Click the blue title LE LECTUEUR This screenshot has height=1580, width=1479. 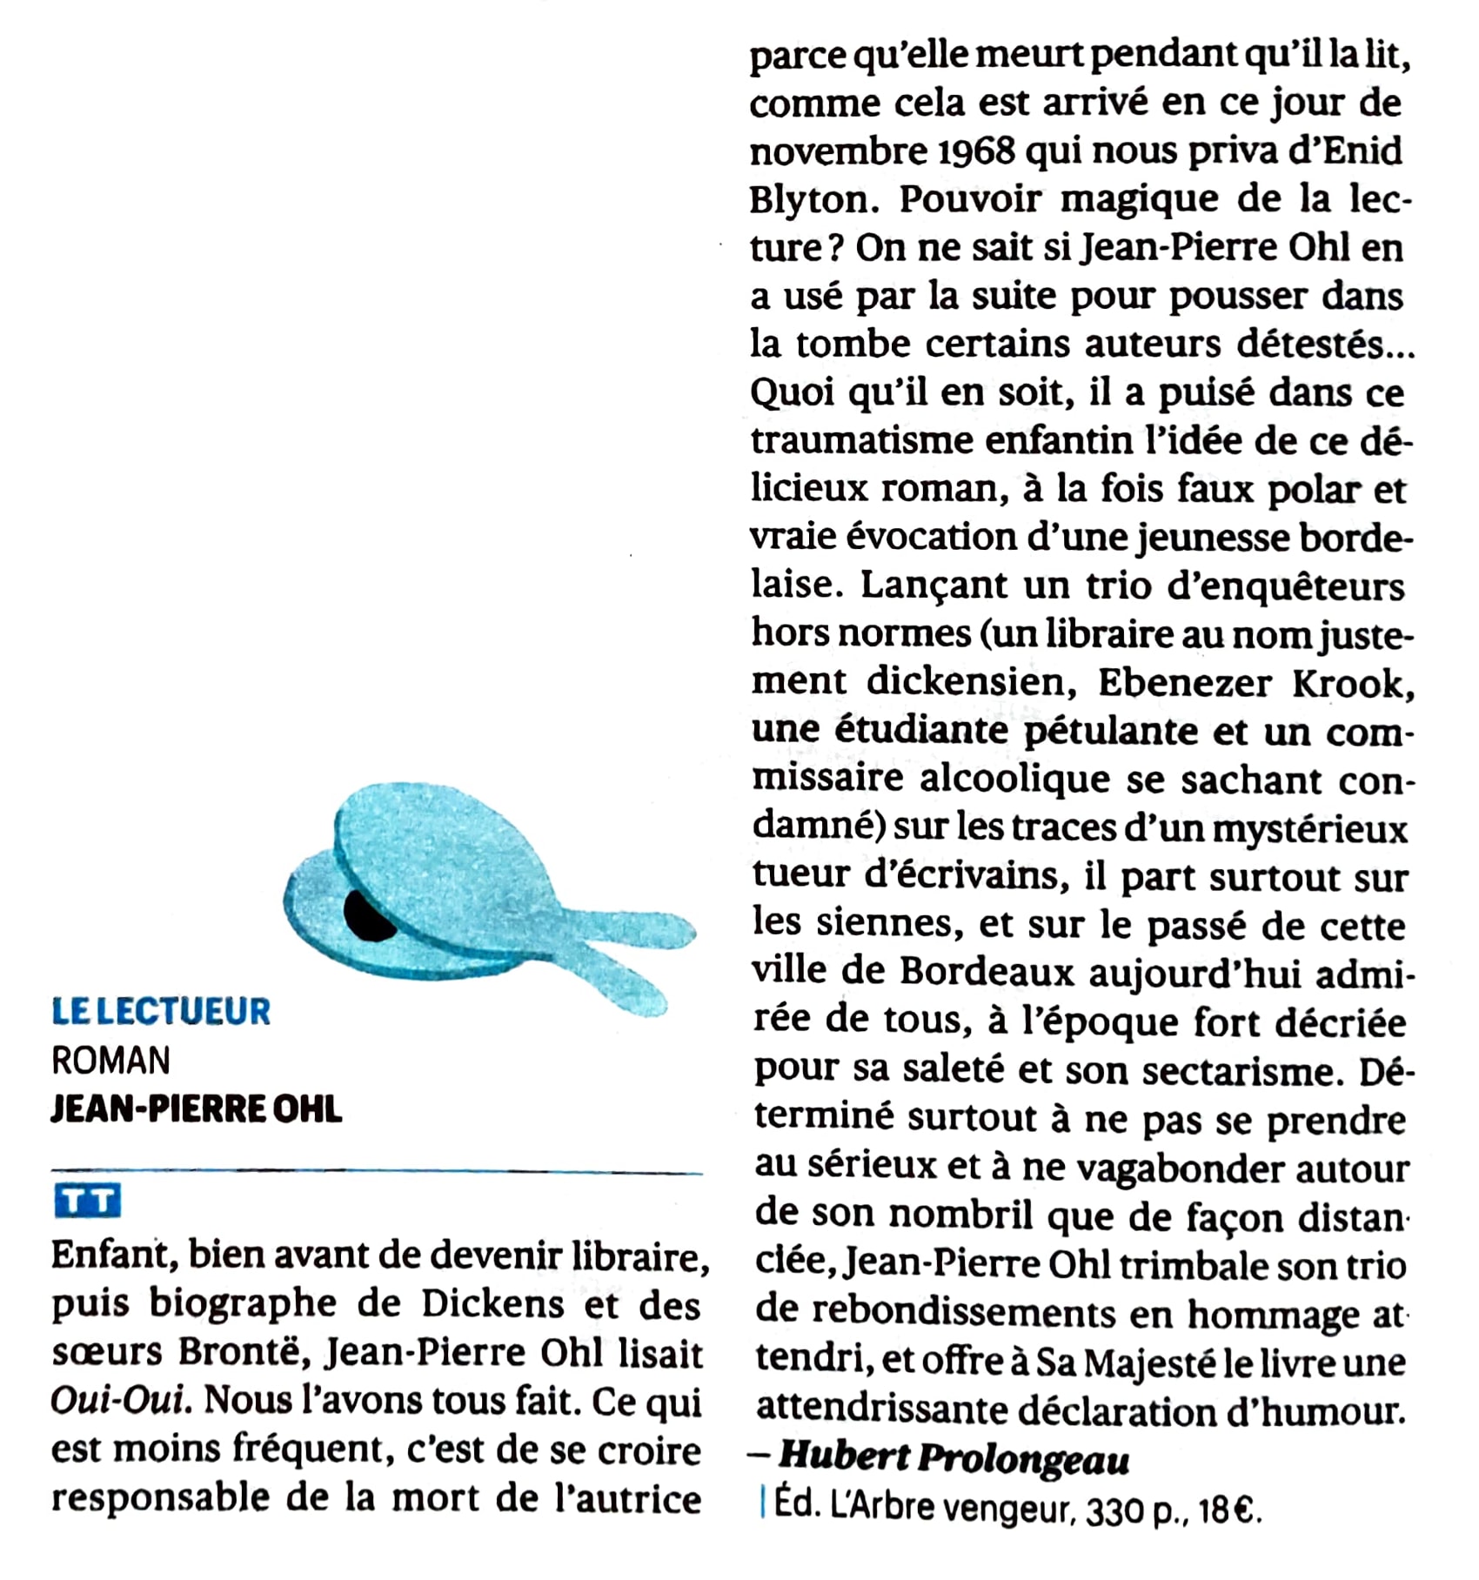161,1011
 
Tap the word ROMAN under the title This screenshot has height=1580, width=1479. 110,1061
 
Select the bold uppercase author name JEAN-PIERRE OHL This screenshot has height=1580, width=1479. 197,1109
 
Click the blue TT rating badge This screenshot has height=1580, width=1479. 87,1202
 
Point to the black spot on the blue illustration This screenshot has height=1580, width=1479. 369,917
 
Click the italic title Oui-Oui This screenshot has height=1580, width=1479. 119,1401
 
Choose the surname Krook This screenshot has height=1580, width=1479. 1352,684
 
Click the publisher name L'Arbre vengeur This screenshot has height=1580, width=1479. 949,1506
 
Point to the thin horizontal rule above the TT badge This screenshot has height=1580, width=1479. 376,1172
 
